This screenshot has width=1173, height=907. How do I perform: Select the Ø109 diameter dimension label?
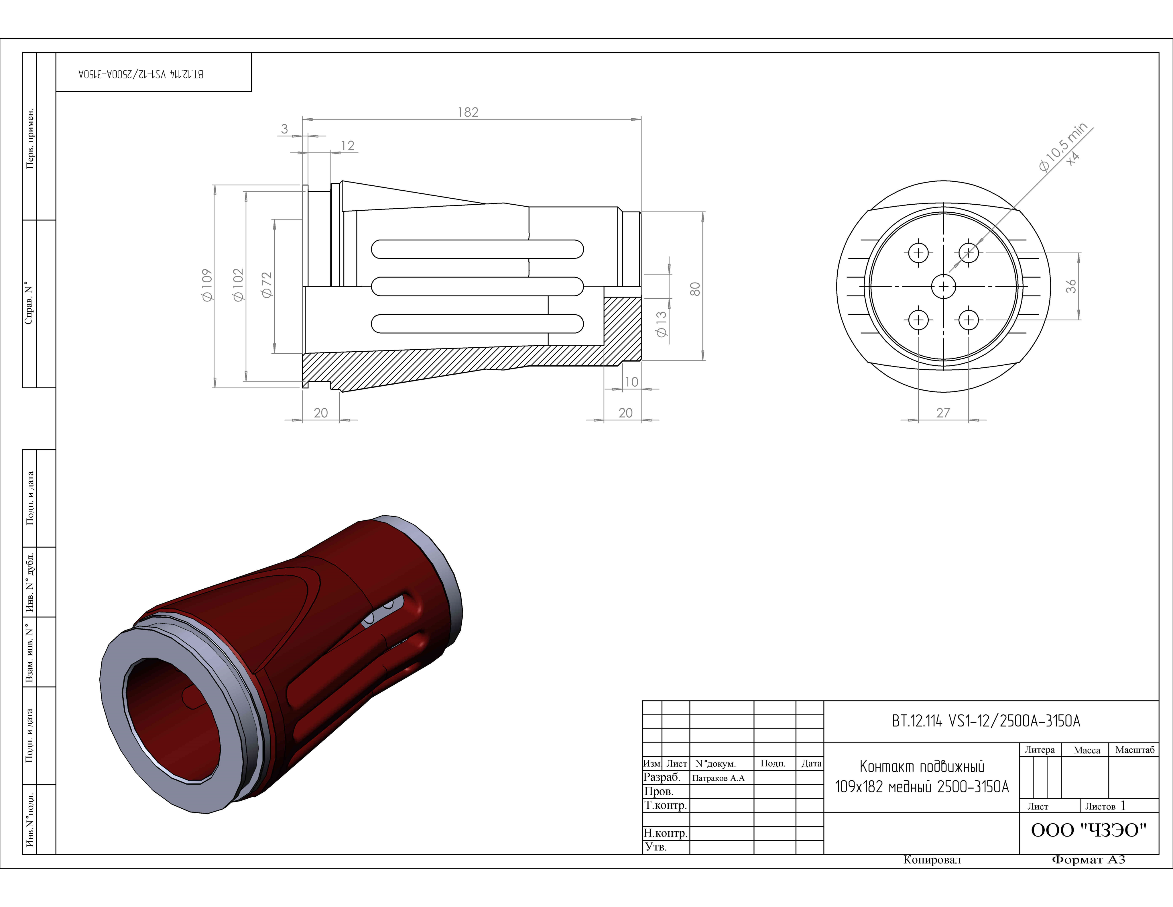[x=207, y=285]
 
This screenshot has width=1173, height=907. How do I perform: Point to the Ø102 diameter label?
[x=239, y=285]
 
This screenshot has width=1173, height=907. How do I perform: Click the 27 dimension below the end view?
[x=943, y=413]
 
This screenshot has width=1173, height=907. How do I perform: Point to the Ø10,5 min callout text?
[x=1063, y=146]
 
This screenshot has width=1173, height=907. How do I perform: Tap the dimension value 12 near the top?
[x=348, y=146]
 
